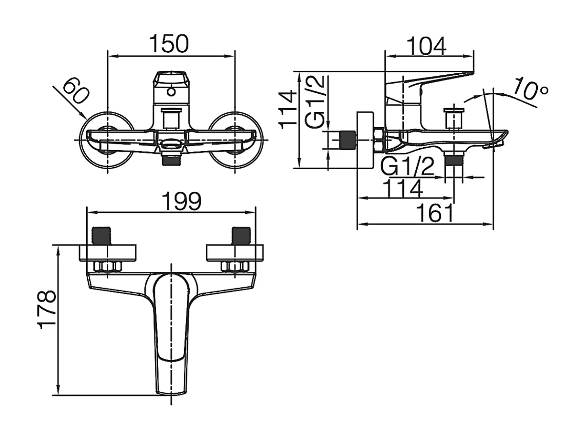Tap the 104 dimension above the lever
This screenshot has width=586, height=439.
tap(426, 47)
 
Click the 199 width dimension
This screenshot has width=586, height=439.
tap(182, 202)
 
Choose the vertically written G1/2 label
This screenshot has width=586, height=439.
tap(315, 101)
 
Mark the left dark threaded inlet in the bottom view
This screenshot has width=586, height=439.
tap(102, 235)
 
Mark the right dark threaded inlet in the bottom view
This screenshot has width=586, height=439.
tap(240, 235)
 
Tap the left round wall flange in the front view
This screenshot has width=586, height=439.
tap(107, 139)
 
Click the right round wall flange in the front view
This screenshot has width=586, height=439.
tap(235, 139)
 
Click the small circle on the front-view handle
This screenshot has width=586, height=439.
tap(171, 93)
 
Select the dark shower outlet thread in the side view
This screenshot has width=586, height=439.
tap(454, 161)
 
